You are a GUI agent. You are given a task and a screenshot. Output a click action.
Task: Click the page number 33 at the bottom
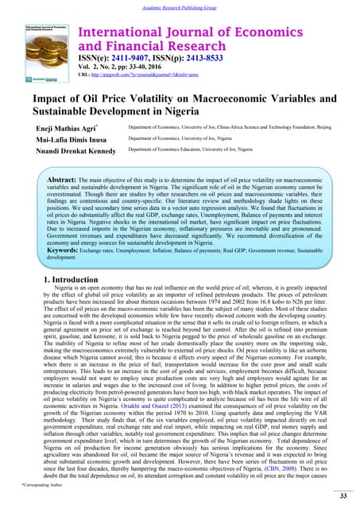(x=343, y=495)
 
